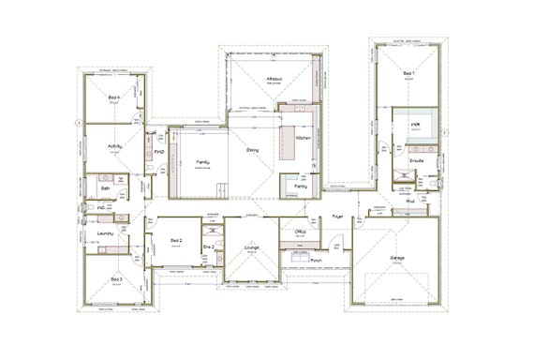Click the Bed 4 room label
tap(112, 97)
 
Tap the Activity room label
tap(115, 146)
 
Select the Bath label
tap(105, 187)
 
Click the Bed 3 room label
tap(115, 279)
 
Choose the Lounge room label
tap(251, 247)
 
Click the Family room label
tap(202, 161)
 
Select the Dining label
tap(253, 150)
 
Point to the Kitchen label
tap(303, 138)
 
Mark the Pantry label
tap(300, 187)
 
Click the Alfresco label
tap(274, 79)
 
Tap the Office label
tap(301, 230)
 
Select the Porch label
tap(317, 260)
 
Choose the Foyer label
tap(337, 217)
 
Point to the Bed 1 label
tap(408, 72)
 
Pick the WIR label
tap(413, 123)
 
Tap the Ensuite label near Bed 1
tap(417, 160)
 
